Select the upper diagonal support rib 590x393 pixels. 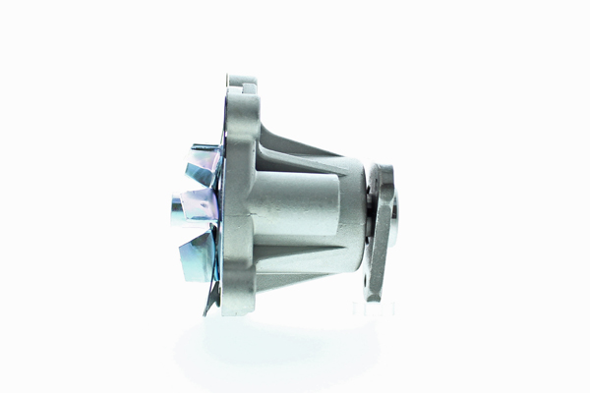point(300,142)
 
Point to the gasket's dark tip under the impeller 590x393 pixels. point(206,308)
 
